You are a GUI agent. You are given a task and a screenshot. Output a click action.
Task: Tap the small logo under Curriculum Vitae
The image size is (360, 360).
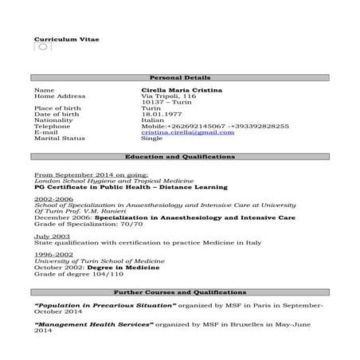point(43,48)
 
